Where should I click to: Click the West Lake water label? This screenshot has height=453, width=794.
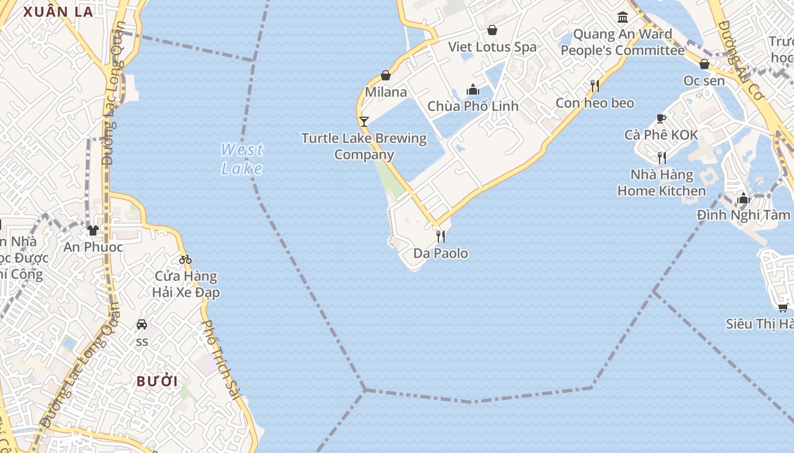242,159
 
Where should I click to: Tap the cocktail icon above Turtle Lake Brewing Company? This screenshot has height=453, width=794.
364,121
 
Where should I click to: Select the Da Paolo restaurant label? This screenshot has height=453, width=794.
441,253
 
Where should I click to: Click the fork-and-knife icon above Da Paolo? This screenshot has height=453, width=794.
441,236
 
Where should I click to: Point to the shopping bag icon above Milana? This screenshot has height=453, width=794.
386,75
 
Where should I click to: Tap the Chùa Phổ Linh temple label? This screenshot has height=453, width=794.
473,106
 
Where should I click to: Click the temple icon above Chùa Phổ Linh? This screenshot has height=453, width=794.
473,89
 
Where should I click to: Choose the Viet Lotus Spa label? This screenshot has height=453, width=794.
492,46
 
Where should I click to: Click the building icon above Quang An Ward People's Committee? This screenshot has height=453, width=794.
623,17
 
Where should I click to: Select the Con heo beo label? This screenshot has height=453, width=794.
594,102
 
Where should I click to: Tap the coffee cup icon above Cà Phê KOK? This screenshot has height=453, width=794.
661,118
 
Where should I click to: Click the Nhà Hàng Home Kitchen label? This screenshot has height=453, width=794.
661,182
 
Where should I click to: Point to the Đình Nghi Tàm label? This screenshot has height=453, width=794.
744,215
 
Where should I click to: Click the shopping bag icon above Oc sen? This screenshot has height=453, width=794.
704,64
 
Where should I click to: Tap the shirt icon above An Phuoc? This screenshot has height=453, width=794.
93,230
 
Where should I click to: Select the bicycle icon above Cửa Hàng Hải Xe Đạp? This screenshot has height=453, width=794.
185,259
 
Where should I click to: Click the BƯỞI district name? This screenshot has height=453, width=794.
157,381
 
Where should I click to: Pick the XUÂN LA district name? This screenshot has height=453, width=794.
58,12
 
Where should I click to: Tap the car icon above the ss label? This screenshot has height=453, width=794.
142,324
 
